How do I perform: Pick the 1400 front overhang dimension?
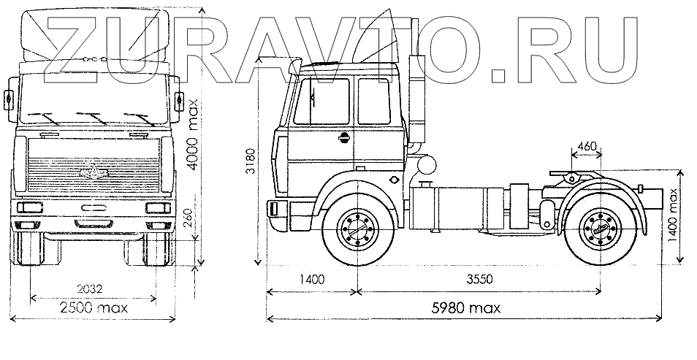310,280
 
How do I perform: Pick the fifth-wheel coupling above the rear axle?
576,175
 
